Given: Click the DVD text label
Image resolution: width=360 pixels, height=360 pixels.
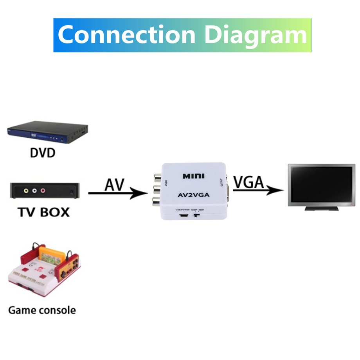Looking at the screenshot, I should (x=43, y=153).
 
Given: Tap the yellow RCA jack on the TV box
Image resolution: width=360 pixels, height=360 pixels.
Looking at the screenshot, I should (x=26, y=191).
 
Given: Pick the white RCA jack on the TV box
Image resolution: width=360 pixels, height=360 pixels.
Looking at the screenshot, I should (x=34, y=191).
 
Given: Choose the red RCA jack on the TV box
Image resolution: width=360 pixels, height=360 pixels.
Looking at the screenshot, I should (x=43, y=191).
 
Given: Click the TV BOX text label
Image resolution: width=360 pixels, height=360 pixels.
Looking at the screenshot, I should (x=44, y=212).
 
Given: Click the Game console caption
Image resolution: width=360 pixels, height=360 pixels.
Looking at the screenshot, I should (x=42, y=310).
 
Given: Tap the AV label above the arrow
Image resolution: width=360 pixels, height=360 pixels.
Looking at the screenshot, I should (x=114, y=184).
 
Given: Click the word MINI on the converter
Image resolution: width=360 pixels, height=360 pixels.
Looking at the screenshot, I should (x=193, y=176).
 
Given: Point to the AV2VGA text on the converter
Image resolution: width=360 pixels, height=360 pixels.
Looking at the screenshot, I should (x=193, y=195).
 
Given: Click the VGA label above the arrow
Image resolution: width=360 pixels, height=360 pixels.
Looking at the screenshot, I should (x=248, y=182).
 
